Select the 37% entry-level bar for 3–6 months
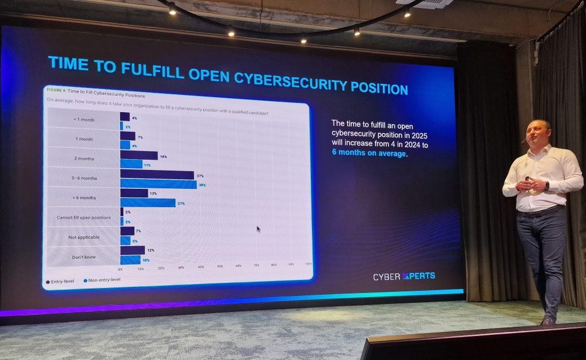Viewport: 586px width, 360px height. (x=157, y=175)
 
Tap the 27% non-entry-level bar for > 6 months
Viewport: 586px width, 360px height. (x=148, y=203)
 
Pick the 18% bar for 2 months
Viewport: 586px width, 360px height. (x=138, y=155)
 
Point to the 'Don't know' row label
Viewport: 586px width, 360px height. (x=84, y=257)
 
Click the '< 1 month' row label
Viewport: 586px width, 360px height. (x=84, y=118)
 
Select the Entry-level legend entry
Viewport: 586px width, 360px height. (x=62, y=282)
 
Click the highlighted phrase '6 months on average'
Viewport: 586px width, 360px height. (x=369, y=153)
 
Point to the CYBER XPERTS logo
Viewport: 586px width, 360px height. (x=403, y=276)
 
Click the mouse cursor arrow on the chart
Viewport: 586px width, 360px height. (x=259, y=229)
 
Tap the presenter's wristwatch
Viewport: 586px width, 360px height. (x=546, y=185)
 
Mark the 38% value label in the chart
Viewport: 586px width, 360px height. (x=201, y=185)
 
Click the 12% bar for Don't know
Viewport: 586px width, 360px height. (x=132, y=250)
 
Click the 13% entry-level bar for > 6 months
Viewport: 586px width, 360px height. (x=134, y=193)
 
